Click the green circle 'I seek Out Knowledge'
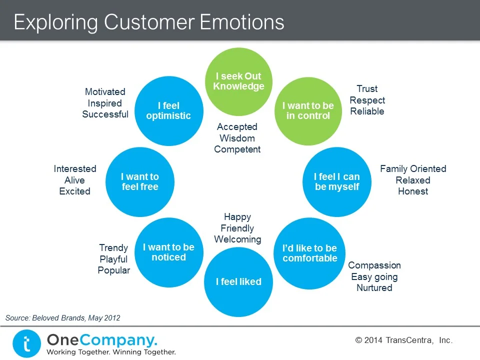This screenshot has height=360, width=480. point(238,81)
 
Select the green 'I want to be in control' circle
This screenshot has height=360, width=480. point(308,110)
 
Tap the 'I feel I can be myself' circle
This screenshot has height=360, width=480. point(337,181)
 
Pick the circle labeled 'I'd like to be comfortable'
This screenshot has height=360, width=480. point(310,253)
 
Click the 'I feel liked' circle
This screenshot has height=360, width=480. point(238,282)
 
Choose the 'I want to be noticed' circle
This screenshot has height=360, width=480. point(168,252)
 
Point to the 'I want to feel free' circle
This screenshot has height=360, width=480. point(140,181)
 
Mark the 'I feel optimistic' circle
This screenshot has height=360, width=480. point(168,110)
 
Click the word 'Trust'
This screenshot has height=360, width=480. point(367,89)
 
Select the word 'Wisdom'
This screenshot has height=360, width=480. point(237,138)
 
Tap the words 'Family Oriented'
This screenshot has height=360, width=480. point(413,169)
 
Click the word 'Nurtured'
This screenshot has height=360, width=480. point(374,288)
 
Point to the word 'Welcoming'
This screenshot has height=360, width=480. point(237,239)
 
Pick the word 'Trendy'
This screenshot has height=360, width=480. point(113,248)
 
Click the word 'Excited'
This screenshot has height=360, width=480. point(74,191)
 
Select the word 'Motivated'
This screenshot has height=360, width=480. point(105,92)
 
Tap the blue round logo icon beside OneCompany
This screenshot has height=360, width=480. point(26,344)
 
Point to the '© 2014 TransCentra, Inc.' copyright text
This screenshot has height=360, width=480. point(404,340)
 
